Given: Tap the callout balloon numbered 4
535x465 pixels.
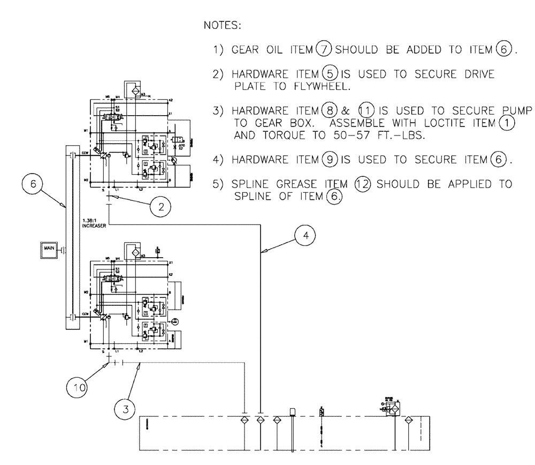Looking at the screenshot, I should pyautogui.click(x=305, y=236).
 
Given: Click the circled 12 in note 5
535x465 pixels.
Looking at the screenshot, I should pyautogui.click(x=364, y=184).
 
